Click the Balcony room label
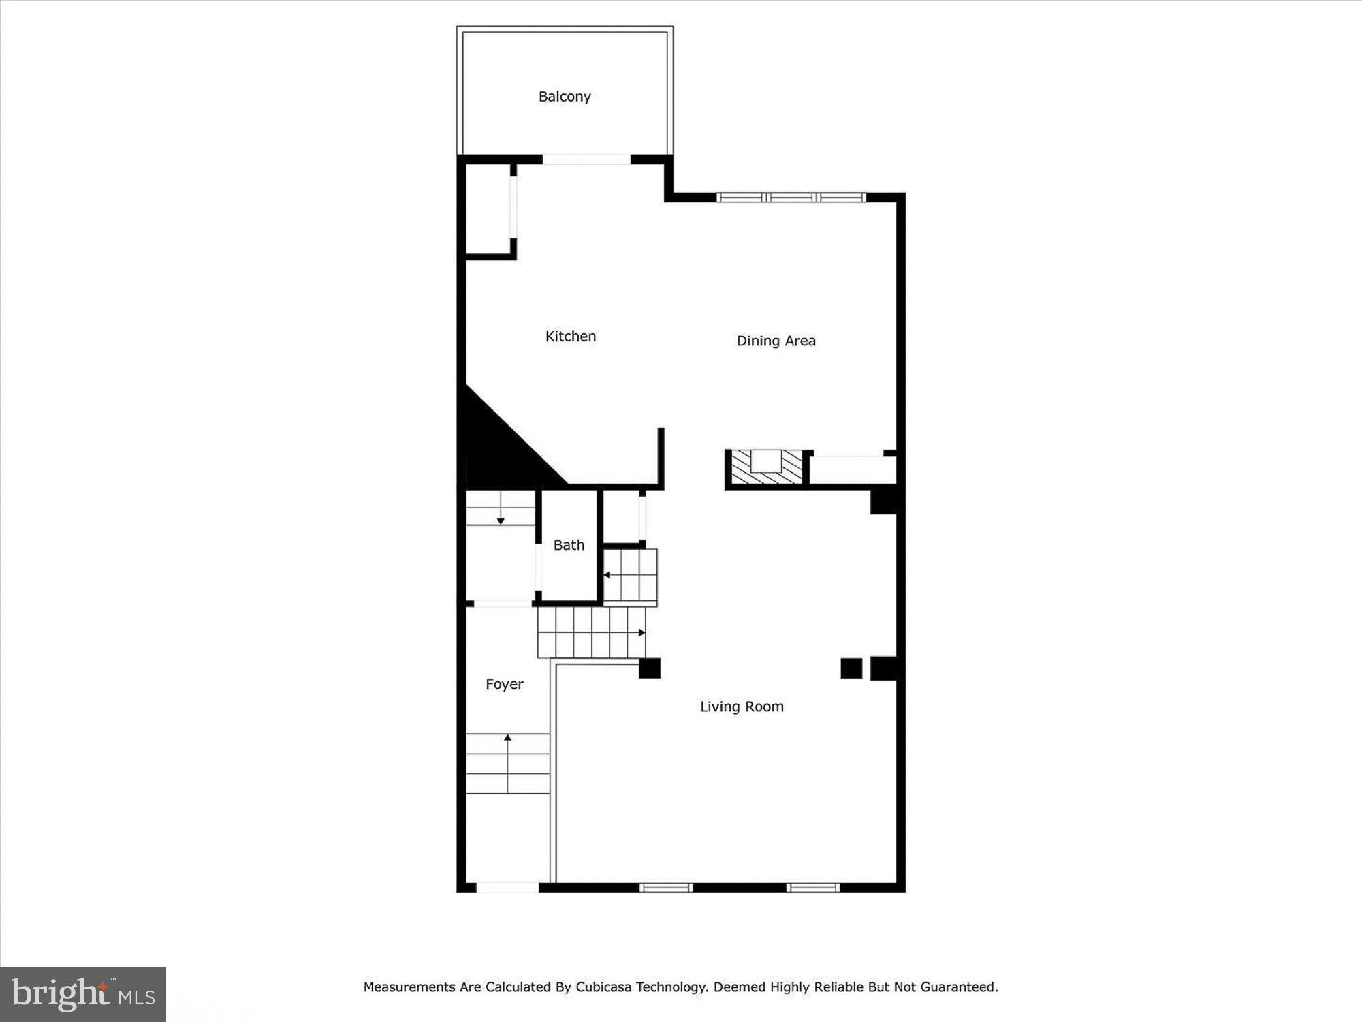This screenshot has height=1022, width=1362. pos(565,97)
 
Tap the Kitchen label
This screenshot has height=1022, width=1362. pos(570,337)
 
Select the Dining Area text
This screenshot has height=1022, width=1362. pos(776,341)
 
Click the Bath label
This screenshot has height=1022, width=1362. pos(569,545)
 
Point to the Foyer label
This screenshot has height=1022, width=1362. pos(504,684)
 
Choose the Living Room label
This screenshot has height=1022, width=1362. pos(742,707)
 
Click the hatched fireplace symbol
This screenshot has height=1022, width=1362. pos(767,467)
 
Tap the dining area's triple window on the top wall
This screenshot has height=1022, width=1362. pos(791,198)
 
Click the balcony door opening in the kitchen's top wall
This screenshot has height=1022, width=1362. pos(586,159)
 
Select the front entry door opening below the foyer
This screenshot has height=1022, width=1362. pos(507,887)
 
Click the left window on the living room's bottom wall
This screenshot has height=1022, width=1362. pos(666,887)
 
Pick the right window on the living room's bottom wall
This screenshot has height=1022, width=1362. pos(812,887)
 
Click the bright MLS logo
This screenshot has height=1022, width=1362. pos(83,995)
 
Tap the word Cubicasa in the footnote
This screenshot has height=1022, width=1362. pos(603,987)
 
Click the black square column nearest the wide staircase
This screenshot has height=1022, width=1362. pos(650,668)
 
